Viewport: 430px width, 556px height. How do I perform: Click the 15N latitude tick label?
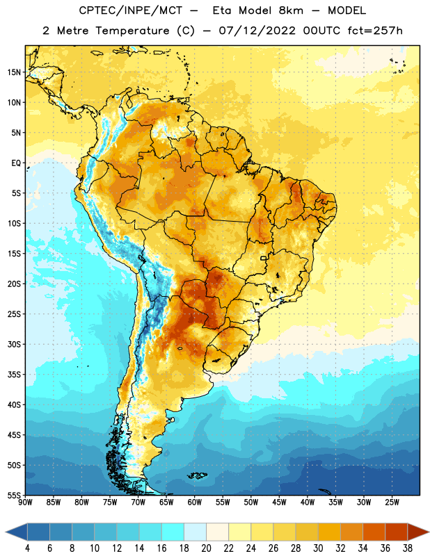pyautogui.click(x=14, y=72)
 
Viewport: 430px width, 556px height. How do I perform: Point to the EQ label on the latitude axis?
pyautogui.click(x=16, y=163)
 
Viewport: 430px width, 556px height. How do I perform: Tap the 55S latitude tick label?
pyautogui.click(x=14, y=495)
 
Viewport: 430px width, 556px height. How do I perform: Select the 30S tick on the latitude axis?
pyautogui.click(x=14, y=344)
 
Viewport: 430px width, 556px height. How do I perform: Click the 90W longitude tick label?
pyautogui.click(x=25, y=502)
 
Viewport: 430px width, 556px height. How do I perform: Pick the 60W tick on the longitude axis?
pyautogui.click(x=195, y=502)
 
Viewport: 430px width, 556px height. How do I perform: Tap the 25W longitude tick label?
pyautogui.click(x=392, y=502)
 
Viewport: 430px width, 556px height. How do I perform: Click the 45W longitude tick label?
pyautogui.click(x=279, y=502)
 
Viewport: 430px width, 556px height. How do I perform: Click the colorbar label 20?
pyautogui.click(x=206, y=548)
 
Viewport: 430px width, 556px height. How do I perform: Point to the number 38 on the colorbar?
pyautogui.click(x=408, y=548)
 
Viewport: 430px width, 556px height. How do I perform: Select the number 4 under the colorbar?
pyautogui.click(x=27, y=548)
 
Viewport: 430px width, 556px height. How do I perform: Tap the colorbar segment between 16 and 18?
pyautogui.click(x=173, y=532)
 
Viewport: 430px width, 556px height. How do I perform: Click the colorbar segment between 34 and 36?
pyautogui.click(x=374, y=532)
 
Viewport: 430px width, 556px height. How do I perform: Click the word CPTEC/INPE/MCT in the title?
pyautogui.click(x=131, y=10)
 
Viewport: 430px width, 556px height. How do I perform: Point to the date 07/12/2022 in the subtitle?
pyautogui.click(x=257, y=31)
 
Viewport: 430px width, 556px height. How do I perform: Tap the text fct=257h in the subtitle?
pyautogui.click(x=375, y=31)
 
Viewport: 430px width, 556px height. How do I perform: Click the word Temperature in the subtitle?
pyautogui.click(x=132, y=31)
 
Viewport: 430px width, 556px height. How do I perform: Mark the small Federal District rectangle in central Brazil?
pyautogui.click(x=264, y=258)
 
